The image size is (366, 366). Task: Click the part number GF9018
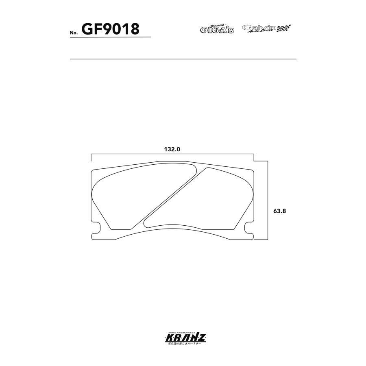pos(111,29)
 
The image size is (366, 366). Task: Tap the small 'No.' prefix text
pos(74,33)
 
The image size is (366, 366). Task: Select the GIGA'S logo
pos(217,29)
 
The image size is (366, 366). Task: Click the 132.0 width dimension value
pos(172,149)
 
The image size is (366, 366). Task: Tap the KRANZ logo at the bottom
pos(183,338)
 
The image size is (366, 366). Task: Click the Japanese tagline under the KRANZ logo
pos(183,344)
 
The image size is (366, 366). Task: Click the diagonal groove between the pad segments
pos(171,195)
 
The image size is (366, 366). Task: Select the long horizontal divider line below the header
pos(183,59)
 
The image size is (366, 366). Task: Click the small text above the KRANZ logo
pos(183,332)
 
